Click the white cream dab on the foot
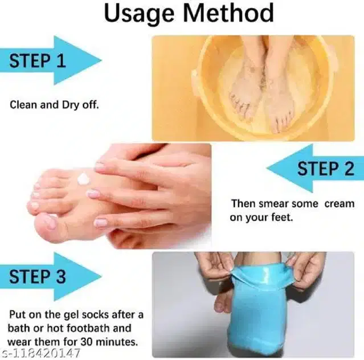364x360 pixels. click(84, 179)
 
